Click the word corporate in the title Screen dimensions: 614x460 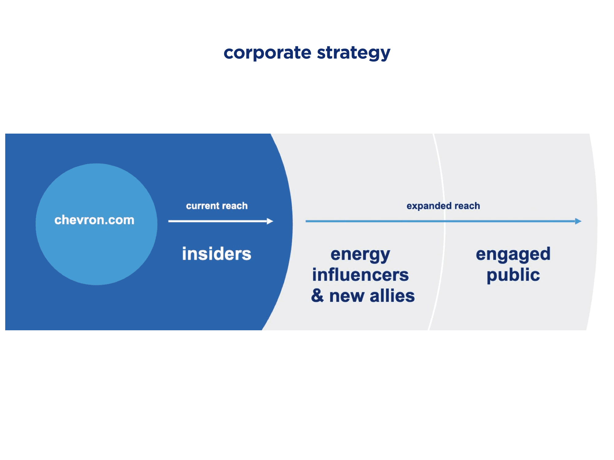[267, 53]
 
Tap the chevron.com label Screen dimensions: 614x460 [94, 220]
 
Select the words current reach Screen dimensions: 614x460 [217, 206]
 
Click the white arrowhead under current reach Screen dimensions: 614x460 [270, 221]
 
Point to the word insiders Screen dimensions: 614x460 [216, 254]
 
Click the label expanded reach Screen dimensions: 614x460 [443, 206]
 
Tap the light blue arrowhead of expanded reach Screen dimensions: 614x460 [578, 221]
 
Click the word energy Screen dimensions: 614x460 [360, 255]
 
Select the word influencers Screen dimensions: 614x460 [360, 275]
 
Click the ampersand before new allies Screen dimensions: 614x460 [317, 296]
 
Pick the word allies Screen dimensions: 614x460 [392, 296]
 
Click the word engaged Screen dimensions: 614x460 [513, 255]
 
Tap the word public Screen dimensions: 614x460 [513, 275]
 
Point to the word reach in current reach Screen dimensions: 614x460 [235, 206]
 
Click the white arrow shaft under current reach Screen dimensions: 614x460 [215, 221]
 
